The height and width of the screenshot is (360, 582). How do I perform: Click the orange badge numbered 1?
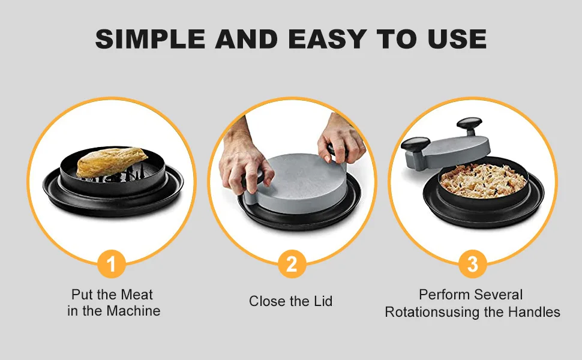pyautogui.click(x=111, y=263)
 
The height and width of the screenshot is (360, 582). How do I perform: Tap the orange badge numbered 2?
pyautogui.click(x=291, y=263)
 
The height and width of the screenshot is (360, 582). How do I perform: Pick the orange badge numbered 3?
pyautogui.click(x=473, y=263)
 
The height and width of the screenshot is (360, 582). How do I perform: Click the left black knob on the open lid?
pyautogui.click(x=415, y=145)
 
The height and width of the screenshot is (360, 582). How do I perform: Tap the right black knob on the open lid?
pyautogui.click(x=469, y=124)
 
